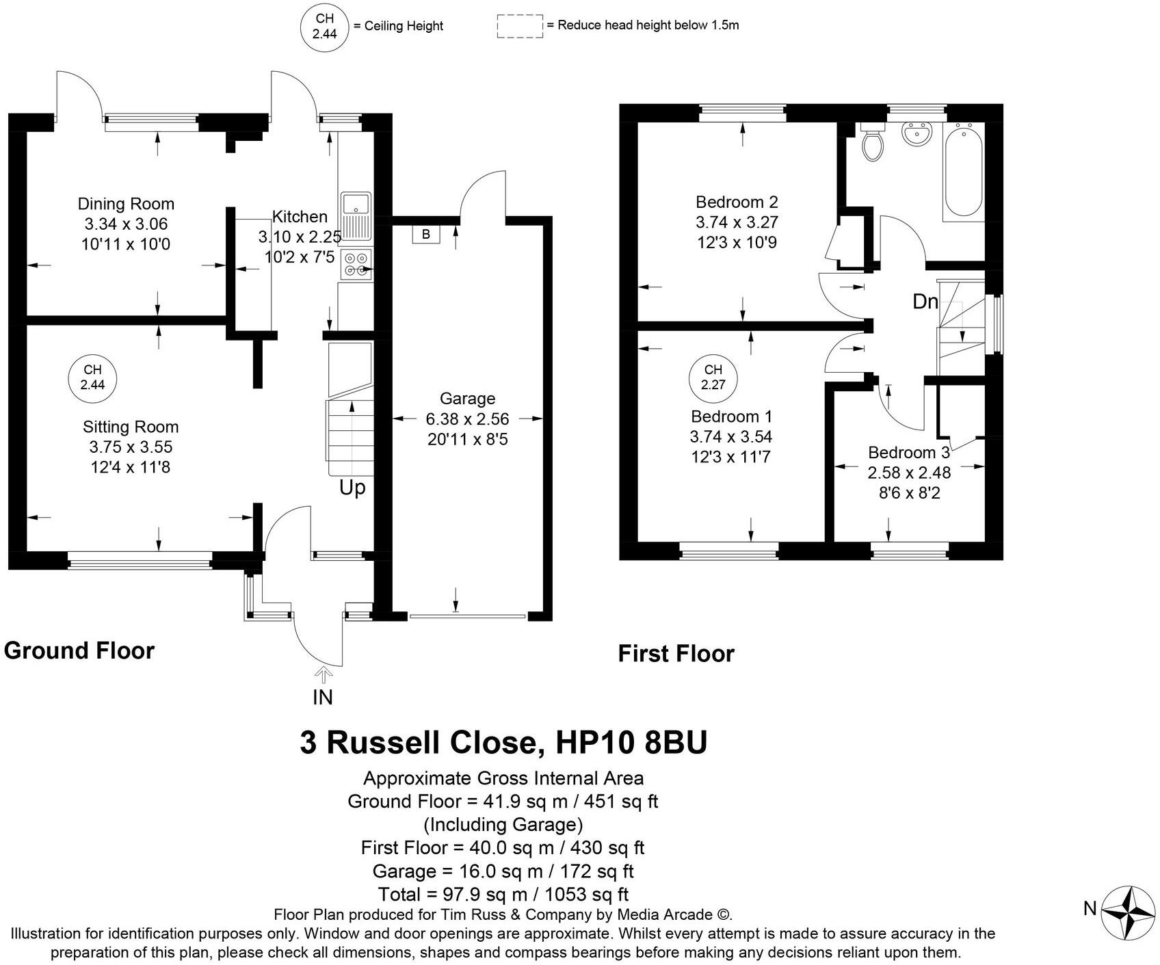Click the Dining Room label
click(x=126, y=204)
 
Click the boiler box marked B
click(x=426, y=235)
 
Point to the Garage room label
click(x=467, y=399)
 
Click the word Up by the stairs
click(x=352, y=488)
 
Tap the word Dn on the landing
click(x=925, y=302)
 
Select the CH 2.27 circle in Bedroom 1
click(x=713, y=378)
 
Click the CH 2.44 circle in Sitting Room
click(x=92, y=378)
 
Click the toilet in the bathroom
click(x=872, y=143)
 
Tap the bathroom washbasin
click(x=916, y=133)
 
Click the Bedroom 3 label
click(x=908, y=453)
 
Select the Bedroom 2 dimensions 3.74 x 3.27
click(x=737, y=222)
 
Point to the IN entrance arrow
click(x=322, y=676)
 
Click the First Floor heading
click(x=676, y=654)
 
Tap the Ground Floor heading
click(x=79, y=650)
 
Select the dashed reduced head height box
click(x=520, y=26)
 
